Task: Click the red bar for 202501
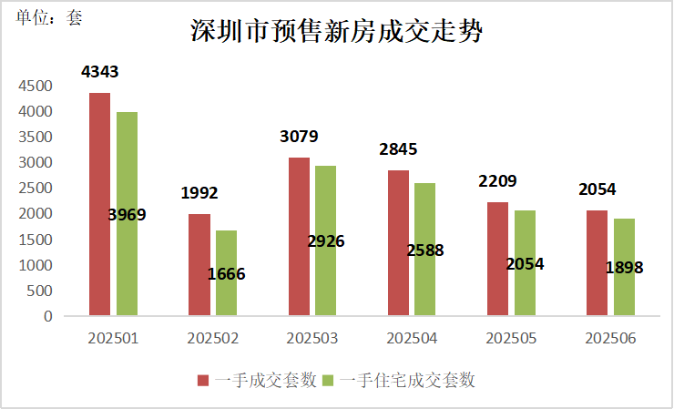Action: pos(99,205)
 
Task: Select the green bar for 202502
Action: pos(226,273)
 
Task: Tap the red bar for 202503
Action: pos(299,237)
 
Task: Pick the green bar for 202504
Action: pos(424,250)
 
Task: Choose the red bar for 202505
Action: pos(497,260)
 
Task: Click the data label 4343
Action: pos(99,71)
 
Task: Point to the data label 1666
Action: pos(227,273)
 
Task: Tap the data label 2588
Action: pos(424,250)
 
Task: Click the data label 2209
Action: pos(497,180)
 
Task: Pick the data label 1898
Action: pos(625,268)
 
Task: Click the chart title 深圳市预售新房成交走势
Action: pos(336,32)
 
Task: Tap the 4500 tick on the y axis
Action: pos(36,86)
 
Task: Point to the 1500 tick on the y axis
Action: pos(36,240)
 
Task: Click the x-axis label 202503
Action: pos(312,338)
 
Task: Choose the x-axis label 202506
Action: pos(610,338)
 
